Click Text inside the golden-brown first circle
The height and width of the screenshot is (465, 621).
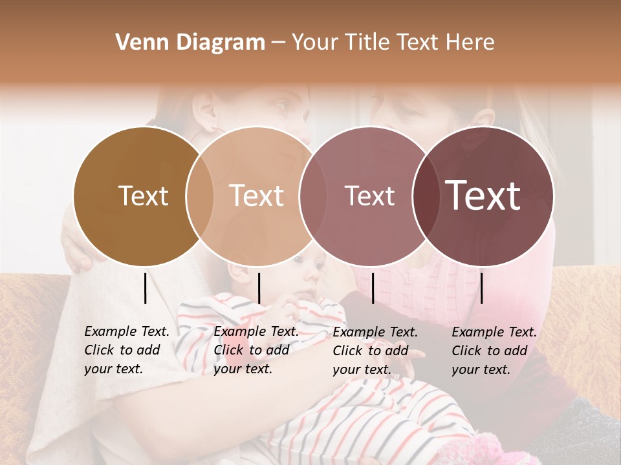(x=143, y=196)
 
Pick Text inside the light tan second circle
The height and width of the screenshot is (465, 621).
(x=256, y=196)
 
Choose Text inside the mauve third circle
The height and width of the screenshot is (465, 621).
(x=369, y=196)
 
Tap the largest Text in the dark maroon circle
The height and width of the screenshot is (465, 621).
(x=483, y=196)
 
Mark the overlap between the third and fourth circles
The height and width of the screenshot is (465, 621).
(x=426, y=196)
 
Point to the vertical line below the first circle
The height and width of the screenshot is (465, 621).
(x=145, y=288)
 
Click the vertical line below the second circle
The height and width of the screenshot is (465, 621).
(x=259, y=288)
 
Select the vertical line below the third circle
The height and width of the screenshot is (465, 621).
(x=373, y=288)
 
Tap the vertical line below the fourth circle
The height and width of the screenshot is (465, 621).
(x=481, y=288)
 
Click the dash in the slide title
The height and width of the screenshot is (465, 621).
(x=278, y=43)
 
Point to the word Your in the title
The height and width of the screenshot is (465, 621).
(x=315, y=43)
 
